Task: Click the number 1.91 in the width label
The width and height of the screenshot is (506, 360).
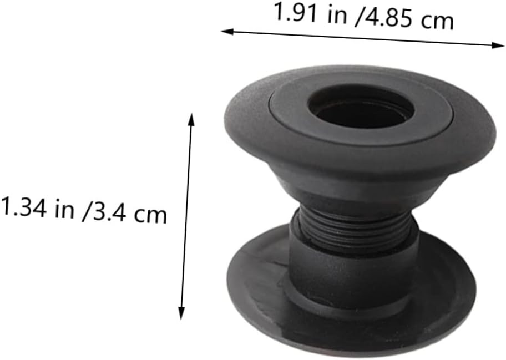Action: [295, 12]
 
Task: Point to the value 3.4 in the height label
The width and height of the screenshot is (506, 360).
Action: [108, 211]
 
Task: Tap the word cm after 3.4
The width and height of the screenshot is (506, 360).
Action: [150, 215]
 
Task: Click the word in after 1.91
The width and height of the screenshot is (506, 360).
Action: [337, 16]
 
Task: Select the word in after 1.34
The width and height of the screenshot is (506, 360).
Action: [65, 209]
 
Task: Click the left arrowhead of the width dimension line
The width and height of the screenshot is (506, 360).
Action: [227, 32]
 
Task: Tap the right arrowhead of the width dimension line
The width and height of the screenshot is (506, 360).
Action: [499, 45]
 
